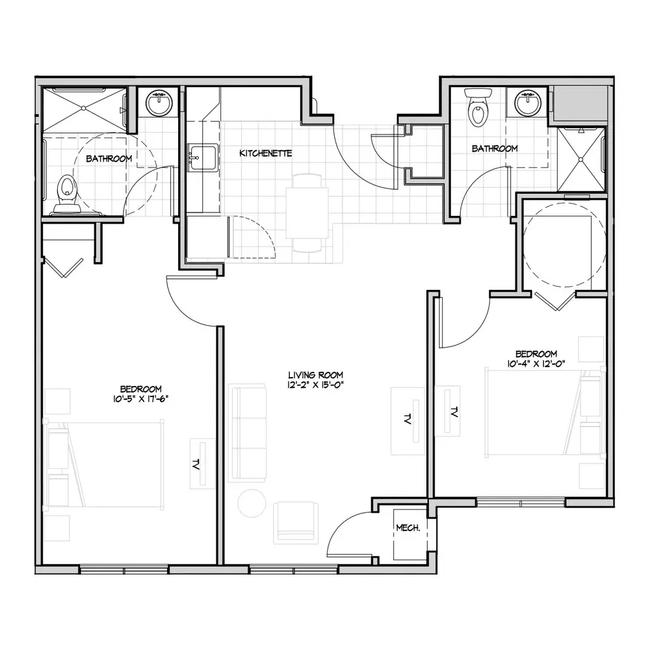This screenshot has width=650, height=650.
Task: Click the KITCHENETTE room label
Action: pos(265,153)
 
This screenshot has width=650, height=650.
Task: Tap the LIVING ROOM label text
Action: pos(315,375)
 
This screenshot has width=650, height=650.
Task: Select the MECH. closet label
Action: pos(408,528)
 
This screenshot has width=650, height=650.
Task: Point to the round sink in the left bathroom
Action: pos(159,103)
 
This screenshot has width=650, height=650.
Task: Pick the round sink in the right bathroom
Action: pos(528,103)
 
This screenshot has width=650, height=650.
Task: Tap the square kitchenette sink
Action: pos(202,157)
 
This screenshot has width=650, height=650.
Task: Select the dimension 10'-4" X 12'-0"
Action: pos(536,363)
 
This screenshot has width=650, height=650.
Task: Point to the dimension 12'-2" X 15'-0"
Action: pos(315,385)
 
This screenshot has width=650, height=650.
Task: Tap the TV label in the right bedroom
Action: pos(454,412)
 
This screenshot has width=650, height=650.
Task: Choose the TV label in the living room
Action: pos(407,419)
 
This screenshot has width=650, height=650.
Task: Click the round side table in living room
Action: pos(252,503)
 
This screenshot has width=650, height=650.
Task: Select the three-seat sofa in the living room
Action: pos(248,433)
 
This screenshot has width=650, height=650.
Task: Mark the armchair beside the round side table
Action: pos(296,523)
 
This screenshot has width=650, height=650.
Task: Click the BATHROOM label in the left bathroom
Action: pos(109,159)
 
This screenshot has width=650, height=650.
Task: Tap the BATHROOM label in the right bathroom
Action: pos(495,148)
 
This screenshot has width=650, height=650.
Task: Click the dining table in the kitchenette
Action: pos(307,213)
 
